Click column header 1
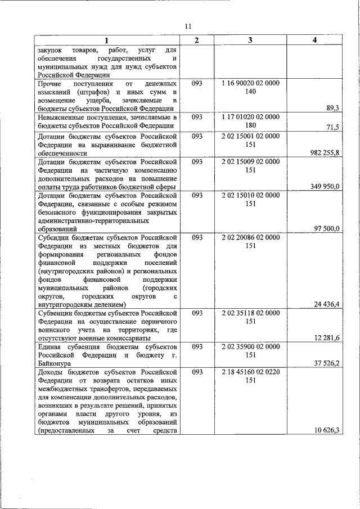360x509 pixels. click(x=106, y=40)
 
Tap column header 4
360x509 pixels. click(x=314, y=40)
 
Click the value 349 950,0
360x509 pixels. click(x=325, y=186)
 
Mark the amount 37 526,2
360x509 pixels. click(x=326, y=363)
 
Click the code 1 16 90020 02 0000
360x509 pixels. click(x=250, y=83)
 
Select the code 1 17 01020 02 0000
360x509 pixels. click(x=250, y=116)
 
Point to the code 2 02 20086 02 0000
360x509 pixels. click(x=250, y=237)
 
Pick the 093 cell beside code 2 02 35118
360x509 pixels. click(x=196, y=313)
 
